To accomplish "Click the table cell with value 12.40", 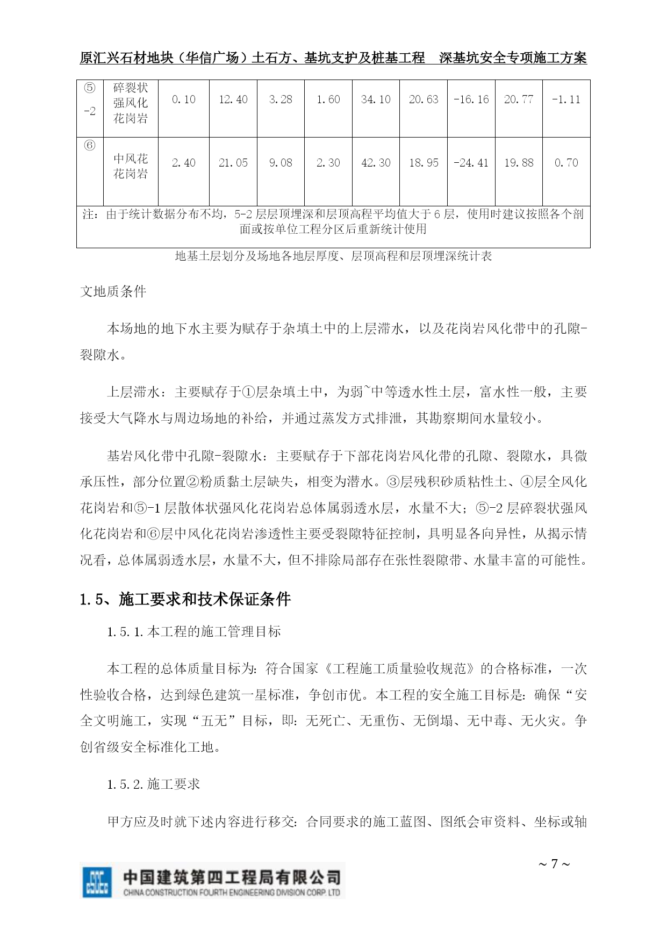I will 233,100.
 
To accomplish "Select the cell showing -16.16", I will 471,100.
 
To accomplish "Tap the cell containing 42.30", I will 376,163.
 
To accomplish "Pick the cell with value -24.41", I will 471,163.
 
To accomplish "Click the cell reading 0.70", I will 566,163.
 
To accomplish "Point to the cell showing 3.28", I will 281,100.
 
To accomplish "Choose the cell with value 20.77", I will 519,100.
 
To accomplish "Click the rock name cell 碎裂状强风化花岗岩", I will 131,103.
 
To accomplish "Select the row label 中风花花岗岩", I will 131,166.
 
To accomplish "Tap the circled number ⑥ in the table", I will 90,146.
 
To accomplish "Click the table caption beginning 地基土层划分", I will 333,256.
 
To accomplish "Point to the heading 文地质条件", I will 113,292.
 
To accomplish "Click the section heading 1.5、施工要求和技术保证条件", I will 185,599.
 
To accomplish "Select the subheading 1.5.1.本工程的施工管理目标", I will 193,632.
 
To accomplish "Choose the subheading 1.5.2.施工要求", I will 153,784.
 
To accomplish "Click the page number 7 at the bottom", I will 554,865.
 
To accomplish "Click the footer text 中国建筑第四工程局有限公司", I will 232,877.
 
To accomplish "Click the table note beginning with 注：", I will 333,221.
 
